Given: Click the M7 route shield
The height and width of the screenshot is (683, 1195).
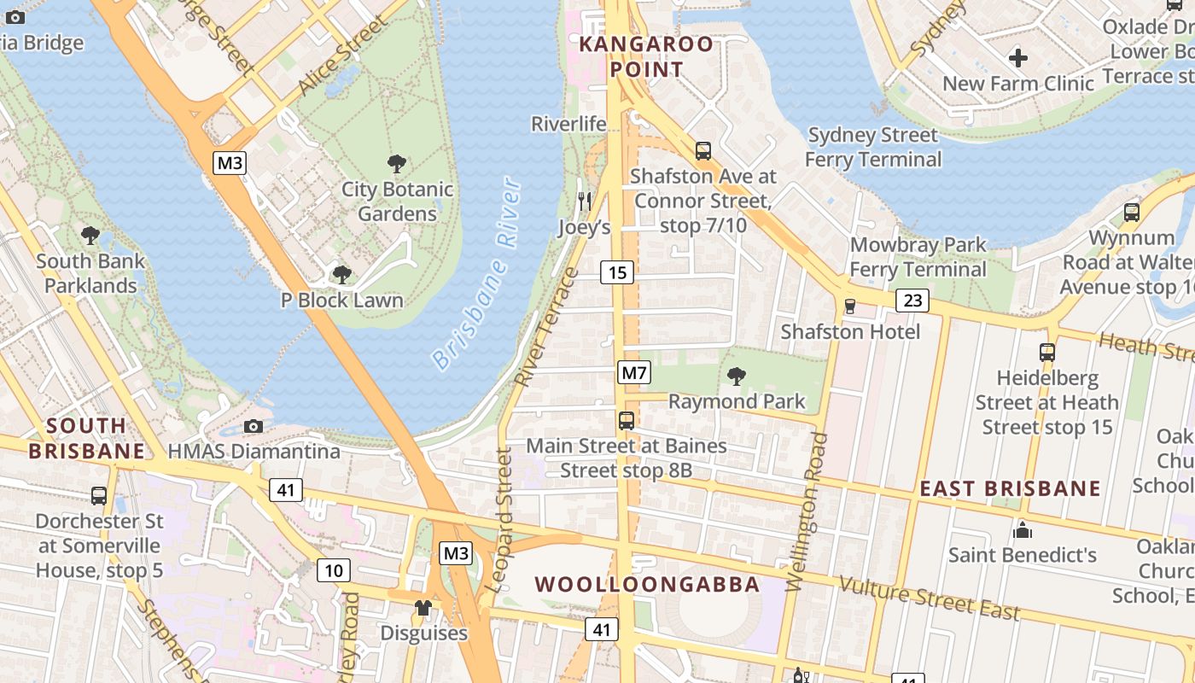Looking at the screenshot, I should point(634,373).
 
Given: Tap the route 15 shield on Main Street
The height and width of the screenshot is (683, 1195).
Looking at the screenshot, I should point(617,272).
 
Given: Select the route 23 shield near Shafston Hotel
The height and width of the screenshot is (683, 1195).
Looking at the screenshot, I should point(912,300).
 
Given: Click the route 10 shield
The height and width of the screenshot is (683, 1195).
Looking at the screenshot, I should point(334,569).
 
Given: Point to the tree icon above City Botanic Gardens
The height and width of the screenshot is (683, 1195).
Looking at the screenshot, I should point(396,164).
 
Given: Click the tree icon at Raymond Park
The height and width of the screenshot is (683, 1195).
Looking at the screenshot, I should point(736,376).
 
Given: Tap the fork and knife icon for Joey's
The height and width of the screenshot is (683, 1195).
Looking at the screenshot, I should point(585,201).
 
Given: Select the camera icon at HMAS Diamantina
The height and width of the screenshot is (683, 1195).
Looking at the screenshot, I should point(254,426).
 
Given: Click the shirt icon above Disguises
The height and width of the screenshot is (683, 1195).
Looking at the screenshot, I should point(423,608).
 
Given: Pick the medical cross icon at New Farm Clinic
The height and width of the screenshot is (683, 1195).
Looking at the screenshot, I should point(1017,58).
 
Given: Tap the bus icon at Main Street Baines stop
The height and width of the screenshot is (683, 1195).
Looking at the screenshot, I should point(627,420).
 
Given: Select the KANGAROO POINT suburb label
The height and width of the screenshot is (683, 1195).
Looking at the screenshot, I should point(646,56).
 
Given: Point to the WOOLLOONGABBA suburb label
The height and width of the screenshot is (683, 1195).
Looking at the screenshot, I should point(647,585).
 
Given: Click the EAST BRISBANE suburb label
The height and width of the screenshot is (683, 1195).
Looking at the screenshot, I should point(1010,488).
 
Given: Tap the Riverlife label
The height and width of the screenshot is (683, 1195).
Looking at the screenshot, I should point(568,124).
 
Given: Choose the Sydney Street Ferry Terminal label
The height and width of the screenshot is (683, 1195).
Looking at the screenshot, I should point(872,147).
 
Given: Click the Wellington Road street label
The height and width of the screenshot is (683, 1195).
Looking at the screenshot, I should point(804,512).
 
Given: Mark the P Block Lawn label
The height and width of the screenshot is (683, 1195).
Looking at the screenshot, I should point(341,301).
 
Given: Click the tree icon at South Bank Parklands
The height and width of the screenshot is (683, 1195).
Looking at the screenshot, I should point(90,236).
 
